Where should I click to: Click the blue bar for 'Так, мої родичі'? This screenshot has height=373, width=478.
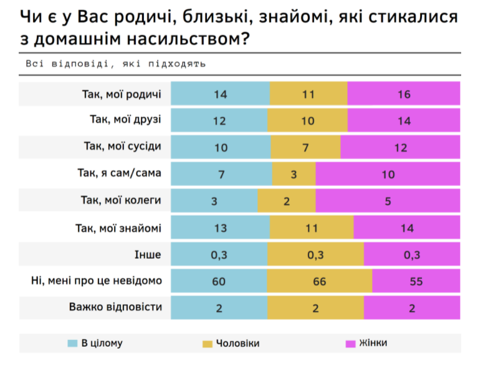tap(220, 94)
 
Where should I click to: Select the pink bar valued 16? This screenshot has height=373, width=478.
tap(403, 94)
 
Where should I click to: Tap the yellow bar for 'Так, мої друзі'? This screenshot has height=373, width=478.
tap(307, 121)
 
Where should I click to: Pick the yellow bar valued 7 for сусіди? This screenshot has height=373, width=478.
tap(305, 147)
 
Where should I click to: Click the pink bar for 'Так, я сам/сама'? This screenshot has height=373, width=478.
tap(388, 174)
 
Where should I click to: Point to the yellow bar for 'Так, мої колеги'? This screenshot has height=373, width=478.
tap(286, 201)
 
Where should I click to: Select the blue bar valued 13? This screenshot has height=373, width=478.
tap(220, 228)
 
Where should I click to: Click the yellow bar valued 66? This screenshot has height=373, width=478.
tap(320, 281)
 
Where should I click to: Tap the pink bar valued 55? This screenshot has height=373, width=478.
tap(416, 281)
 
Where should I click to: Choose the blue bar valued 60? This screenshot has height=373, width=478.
tap(219, 281)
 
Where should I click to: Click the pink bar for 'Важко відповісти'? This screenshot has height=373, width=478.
tap(411, 308)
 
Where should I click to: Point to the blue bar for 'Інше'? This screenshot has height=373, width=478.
tap(219, 254)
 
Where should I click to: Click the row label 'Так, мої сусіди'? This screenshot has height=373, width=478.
tap(122, 147)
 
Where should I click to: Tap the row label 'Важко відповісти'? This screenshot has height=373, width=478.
tap(115, 308)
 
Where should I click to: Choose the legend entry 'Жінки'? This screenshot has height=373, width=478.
tap(371, 343)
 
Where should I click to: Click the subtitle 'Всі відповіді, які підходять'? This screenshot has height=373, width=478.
tap(115, 64)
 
